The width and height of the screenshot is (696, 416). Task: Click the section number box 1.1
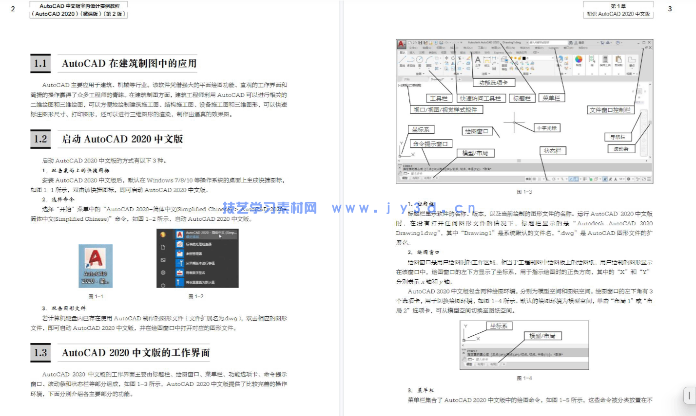(40, 63)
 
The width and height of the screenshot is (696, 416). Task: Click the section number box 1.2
(40, 139)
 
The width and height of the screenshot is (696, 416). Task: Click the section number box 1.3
(40, 353)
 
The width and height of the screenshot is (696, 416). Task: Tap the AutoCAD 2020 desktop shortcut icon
(96, 266)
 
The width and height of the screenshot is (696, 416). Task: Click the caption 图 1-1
(96, 296)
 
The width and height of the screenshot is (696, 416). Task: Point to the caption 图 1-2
(196, 296)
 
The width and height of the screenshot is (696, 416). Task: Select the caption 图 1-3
(524, 192)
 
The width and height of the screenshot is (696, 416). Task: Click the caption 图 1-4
(524, 378)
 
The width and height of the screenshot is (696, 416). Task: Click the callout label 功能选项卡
(493, 83)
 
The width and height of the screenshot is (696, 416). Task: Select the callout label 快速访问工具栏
(480, 98)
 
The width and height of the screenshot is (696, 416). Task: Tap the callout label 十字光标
(546, 128)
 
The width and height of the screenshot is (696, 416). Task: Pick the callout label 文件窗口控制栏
(610, 110)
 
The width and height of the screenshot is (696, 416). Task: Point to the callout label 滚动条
(621, 149)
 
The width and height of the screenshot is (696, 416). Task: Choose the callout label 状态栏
(552, 151)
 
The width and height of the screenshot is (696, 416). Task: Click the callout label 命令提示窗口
(429, 144)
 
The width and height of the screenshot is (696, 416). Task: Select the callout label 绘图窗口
(476, 131)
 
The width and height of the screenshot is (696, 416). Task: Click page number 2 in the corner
(13, 9)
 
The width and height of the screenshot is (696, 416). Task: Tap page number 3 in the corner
(670, 9)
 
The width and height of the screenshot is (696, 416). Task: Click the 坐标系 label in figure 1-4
(499, 326)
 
